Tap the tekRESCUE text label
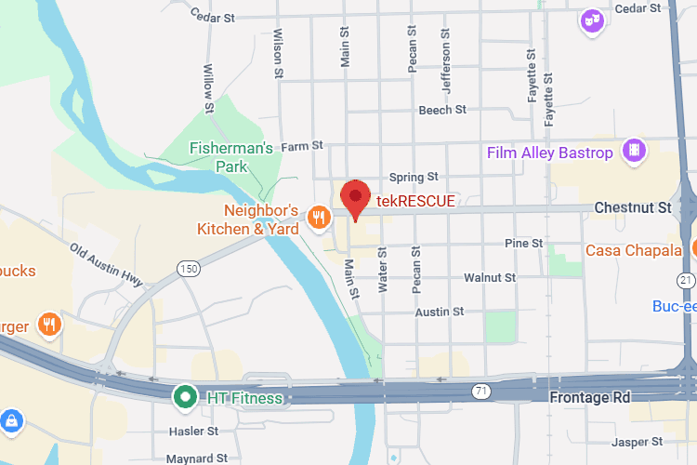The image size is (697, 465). (414, 201)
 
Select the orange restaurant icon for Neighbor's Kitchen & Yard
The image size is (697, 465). (319, 218)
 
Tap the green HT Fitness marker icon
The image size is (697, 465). (185, 398)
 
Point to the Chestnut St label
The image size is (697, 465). (632, 208)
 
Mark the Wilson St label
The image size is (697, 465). (277, 46)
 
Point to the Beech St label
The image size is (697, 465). (442, 110)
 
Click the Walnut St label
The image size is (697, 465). (490, 277)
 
